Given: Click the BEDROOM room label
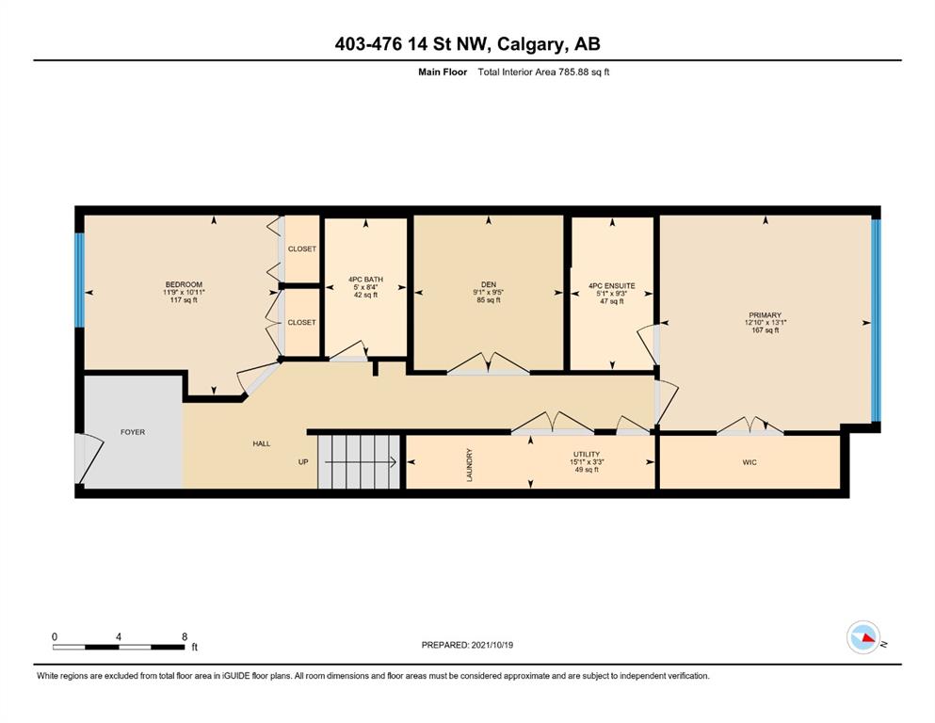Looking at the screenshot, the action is coord(184,284).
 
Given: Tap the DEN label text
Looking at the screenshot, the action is coord(489,284).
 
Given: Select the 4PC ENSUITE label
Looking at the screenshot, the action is coord(612,285).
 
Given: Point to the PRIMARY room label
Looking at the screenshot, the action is coord(766,315).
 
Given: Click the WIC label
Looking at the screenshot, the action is coord(750,462).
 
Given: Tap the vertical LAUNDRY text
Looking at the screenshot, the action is coord(469,465).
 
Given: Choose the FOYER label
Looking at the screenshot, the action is coord(133,432).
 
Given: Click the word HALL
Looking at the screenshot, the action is coord(261,443).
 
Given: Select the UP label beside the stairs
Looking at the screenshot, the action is coord(303,462).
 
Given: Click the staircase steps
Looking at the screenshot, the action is coord(359,461).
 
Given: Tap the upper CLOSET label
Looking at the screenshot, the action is coord(301,249).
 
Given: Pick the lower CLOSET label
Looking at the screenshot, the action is coord(301,323).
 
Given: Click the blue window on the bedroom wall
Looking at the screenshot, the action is coord(79,280).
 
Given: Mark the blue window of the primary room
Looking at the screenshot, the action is coord(876,321).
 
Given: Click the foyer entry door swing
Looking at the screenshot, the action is coord(89,458).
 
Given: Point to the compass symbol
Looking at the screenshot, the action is coord(863,637).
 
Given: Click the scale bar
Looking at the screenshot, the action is coord(119,647).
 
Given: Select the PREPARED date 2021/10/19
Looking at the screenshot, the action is coord(467,645).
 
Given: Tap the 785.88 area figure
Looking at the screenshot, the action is coord(573,72).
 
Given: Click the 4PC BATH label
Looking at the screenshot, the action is coord(365,280).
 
